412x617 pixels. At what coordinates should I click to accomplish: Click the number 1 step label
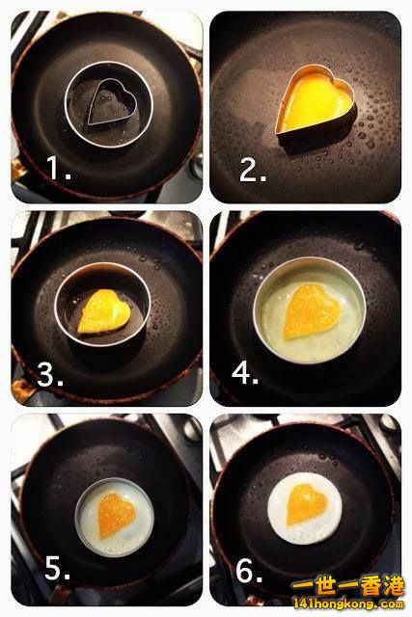click(x=59, y=168)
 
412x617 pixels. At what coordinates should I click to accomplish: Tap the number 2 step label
click(x=253, y=172)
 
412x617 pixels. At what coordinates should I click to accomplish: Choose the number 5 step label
click(x=58, y=568)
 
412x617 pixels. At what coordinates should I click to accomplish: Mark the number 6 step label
click(x=249, y=571)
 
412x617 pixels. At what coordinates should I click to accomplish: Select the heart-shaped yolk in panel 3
click(x=104, y=311)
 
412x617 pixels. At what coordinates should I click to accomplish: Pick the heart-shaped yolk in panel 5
click(x=116, y=515)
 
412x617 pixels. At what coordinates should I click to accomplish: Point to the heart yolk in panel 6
click(x=307, y=504)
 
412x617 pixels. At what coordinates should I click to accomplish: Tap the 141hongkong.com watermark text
click(x=348, y=604)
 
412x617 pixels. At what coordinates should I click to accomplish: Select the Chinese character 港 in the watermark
click(x=392, y=585)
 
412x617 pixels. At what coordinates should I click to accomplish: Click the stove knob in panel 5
click(x=193, y=428)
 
